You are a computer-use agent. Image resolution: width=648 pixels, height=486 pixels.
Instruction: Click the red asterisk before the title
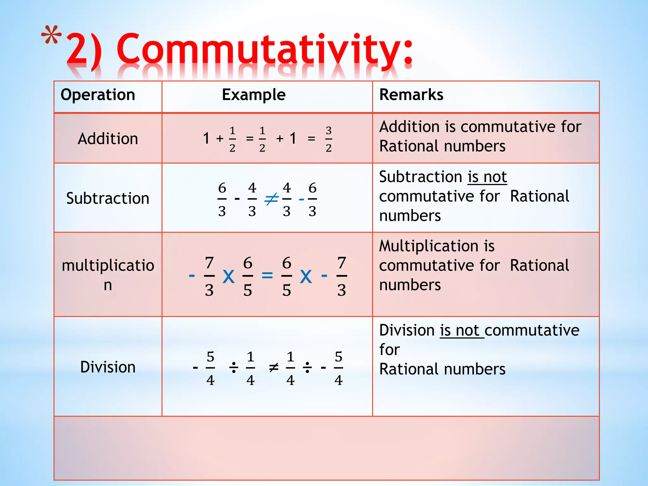click(x=51, y=35)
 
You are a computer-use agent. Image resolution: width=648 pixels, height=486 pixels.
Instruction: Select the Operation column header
click(x=98, y=95)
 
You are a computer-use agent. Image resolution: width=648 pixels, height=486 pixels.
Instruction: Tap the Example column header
click(x=253, y=95)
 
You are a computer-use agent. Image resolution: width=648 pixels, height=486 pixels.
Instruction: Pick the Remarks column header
click(x=411, y=95)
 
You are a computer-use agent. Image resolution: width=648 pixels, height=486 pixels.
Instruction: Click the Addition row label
click(x=108, y=139)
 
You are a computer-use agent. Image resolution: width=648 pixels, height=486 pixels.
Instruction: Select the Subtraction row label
click(x=108, y=198)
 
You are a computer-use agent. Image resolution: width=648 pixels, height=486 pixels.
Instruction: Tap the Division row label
click(x=108, y=367)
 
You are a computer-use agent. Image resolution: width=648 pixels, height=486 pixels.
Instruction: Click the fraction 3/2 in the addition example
click(x=329, y=139)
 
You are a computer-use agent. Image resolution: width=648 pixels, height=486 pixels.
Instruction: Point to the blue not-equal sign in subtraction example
click(x=271, y=199)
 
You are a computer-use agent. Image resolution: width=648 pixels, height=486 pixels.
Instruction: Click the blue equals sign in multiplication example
click(x=267, y=275)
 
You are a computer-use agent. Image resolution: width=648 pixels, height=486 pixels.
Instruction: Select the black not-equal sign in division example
click(x=273, y=368)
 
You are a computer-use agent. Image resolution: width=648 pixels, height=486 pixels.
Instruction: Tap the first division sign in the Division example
click(x=234, y=368)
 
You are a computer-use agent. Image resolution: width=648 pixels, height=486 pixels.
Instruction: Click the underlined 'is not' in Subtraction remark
click(x=487, y=177)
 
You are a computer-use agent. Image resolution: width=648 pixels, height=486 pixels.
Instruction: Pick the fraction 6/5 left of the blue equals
click(x=248, y=276)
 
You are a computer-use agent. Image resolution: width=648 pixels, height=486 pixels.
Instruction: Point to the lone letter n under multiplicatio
click(x=108, y=285)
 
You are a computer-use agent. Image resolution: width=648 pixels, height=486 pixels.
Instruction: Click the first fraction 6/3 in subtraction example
click(x=222, y=199)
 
